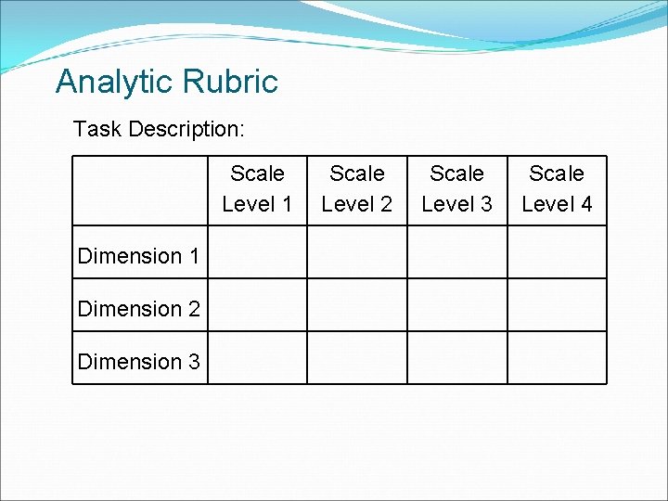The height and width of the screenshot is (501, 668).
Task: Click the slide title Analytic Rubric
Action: click(x=167, y=82)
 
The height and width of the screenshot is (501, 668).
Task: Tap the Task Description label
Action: click(x=159, y=129)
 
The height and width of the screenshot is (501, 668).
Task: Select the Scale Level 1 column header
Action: click(x=257, y=188)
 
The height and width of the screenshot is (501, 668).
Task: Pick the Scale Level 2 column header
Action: click(x=357, y=188)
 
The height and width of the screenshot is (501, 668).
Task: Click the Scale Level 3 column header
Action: click(x=457, y=188)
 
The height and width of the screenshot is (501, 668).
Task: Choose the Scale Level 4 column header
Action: click(x=557, y=188)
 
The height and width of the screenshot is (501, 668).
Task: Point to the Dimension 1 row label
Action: click(x=139, y=256)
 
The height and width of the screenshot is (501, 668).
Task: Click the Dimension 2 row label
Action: click(x=139, y=309)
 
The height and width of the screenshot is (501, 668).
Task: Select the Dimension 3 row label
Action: click(x=139, y=362)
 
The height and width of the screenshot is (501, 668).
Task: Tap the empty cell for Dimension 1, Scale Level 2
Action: click(x=357, y=252)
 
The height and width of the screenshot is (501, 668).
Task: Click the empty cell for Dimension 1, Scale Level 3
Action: click(x=457, y=252)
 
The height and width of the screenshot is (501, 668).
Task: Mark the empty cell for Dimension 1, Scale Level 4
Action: click(x=557, y=252)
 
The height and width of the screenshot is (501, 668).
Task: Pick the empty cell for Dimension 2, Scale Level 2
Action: click(x=357, y=305)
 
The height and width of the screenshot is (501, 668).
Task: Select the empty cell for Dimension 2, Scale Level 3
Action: click(x=457, y=305)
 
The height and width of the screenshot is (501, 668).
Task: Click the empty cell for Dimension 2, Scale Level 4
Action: click(x=557, y=305)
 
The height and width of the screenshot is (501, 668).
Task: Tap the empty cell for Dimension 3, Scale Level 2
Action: click(x=357, y=358)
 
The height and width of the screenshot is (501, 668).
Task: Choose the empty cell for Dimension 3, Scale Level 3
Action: click(x=457, y=358)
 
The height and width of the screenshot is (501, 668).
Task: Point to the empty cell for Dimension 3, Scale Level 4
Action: click(x=557, y=358)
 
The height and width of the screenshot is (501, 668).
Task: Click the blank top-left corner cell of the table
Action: click(x=139, y=190)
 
